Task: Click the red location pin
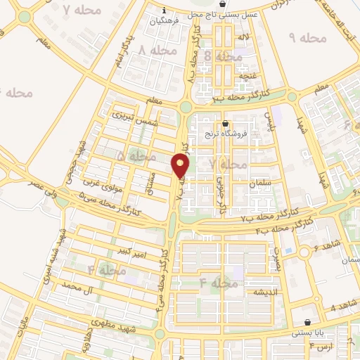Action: tap(181, 165)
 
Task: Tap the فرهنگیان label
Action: tap(164, 21)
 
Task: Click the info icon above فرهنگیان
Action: tap(164, 11)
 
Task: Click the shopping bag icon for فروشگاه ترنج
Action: tap(224, 123)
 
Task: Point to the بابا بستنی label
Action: tap(307, 333)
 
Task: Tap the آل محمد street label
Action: tap(77, 287)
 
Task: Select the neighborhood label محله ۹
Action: tap(307, 37)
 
